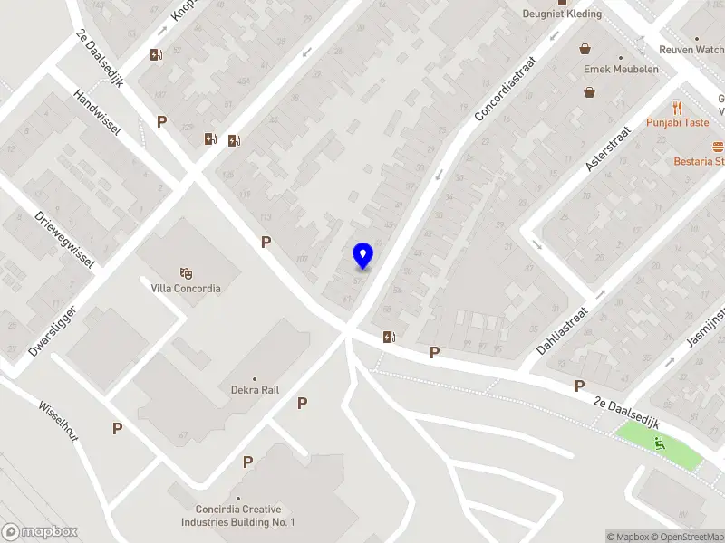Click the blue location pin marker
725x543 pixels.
click(362, 256)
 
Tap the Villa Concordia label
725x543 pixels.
click(186, 289)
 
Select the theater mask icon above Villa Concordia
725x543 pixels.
click(186, 272)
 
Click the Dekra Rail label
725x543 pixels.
click(255, 390)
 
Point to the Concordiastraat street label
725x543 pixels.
click(506, 89)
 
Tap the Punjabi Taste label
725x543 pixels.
click(677, 123)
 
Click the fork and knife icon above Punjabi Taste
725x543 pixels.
click(677, 108)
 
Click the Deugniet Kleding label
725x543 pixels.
click(563, 14)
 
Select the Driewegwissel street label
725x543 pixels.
click(65, 239)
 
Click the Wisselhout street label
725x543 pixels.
click(58, 421)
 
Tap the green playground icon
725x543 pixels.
click(660, 443)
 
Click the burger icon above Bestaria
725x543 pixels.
click(719, 146)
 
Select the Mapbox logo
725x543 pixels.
click(40, 532)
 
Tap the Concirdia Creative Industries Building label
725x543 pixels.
click(238, 516)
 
